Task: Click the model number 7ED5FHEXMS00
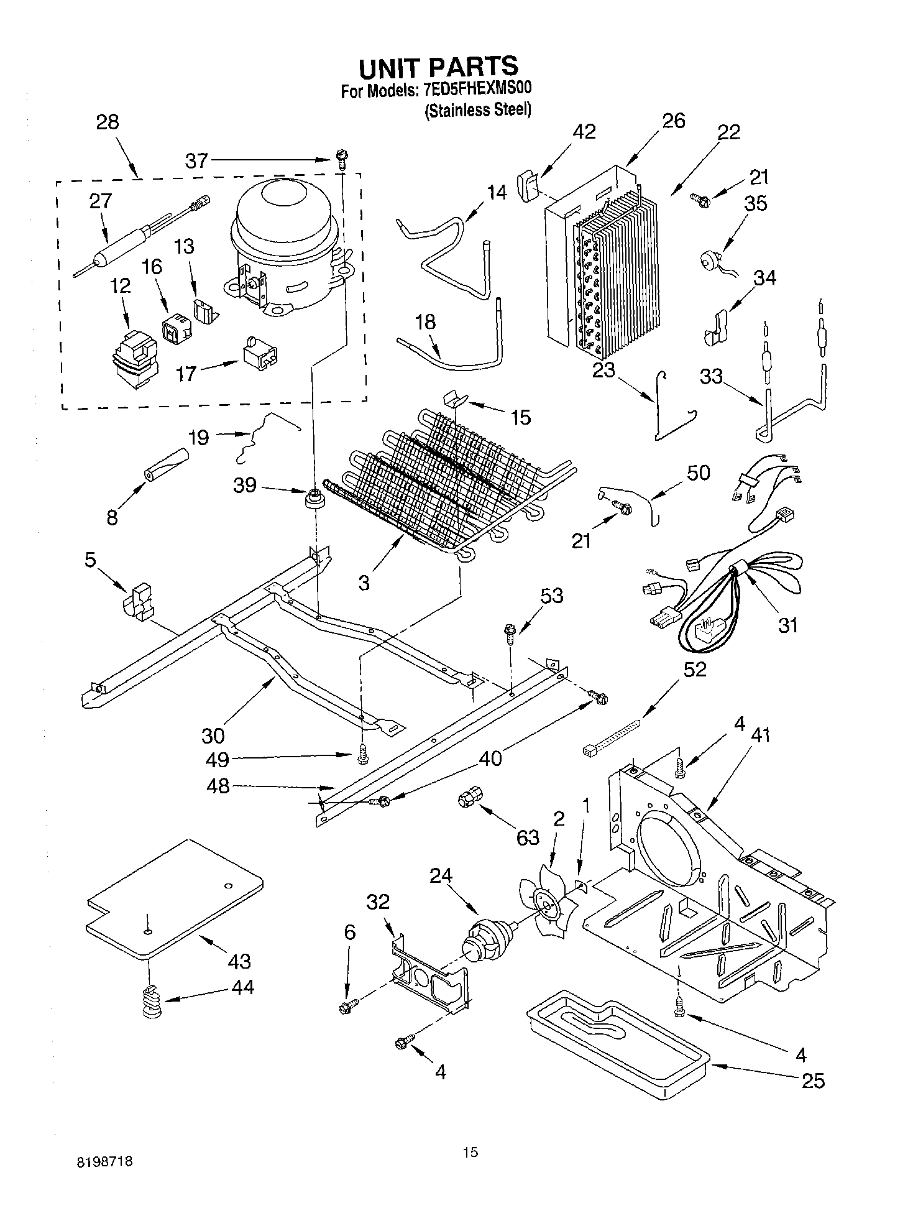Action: [477, 91]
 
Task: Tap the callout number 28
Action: [108, 122]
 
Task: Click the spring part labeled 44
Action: [152, 1002]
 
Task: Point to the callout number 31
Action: [787, 625]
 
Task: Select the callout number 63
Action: [528, 837]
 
